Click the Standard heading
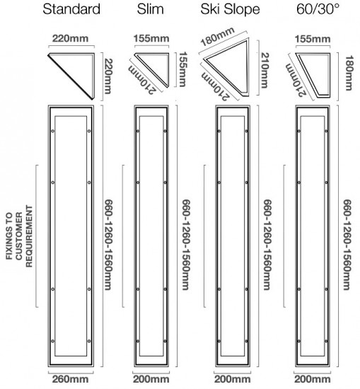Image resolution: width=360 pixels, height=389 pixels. (x=71, y=9)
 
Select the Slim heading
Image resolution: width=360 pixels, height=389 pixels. (x=151, y=9)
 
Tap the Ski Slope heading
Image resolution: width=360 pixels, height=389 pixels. (x=230, y=10)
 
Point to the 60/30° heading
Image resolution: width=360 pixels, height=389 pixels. (x=318, y=9)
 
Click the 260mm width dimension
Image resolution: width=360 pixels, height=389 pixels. (x=70, y=379)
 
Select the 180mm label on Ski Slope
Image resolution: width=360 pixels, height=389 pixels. (x=218, y=37)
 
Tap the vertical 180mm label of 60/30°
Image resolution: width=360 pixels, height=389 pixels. (x=349, y=73)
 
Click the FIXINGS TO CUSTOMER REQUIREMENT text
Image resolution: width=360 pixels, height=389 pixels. (x=19, y=236)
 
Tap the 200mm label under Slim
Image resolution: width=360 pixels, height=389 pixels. (x=151, y=379)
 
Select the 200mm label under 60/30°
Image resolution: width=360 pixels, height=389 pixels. (x=313, y=379)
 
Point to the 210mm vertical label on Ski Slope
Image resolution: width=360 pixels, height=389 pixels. (x=265, y=71)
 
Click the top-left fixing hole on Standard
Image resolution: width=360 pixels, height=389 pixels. (x=52, y=131)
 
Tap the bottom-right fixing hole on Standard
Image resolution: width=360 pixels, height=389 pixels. (x=89, y=341)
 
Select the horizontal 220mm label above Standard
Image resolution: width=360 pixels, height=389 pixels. (x=70, y=39)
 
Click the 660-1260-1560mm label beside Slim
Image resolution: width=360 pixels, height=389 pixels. (x=186, y=245)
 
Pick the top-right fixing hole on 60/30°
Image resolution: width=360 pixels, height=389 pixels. (x=326, y=131)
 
